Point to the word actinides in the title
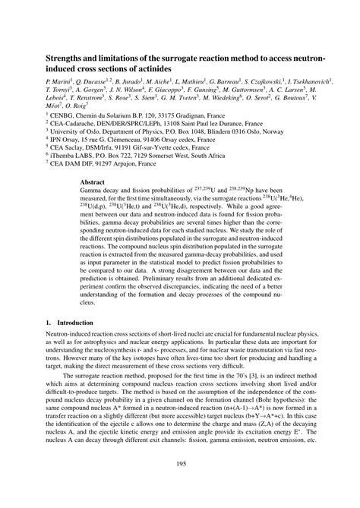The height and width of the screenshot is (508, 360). point(153,68)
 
